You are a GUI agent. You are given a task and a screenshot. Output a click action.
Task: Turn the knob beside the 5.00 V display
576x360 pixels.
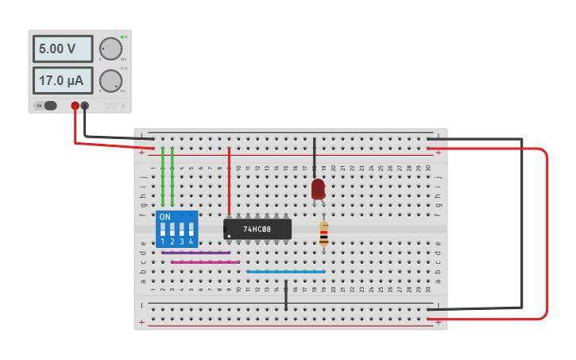click(110, 49)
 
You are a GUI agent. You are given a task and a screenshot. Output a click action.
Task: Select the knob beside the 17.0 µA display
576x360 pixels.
click(110, 80)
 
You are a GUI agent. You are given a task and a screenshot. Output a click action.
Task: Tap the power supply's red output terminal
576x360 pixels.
click(75, 106)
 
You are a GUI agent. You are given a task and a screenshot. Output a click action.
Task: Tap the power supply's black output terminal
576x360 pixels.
click(85, 106)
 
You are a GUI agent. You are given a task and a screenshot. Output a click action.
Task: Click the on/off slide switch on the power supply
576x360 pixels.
click(49, 106)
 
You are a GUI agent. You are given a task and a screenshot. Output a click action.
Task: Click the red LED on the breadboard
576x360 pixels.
click(318, 188)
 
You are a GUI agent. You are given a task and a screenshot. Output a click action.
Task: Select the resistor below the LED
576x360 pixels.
click(323, 232)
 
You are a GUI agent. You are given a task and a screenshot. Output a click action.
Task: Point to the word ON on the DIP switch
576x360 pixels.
click(164, 217)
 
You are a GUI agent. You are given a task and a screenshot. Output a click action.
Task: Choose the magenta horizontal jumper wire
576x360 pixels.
click(206, 262)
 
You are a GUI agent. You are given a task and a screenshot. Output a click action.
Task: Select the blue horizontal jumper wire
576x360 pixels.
click(286, 272)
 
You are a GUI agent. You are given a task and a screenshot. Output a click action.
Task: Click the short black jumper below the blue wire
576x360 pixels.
click(286, 294)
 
